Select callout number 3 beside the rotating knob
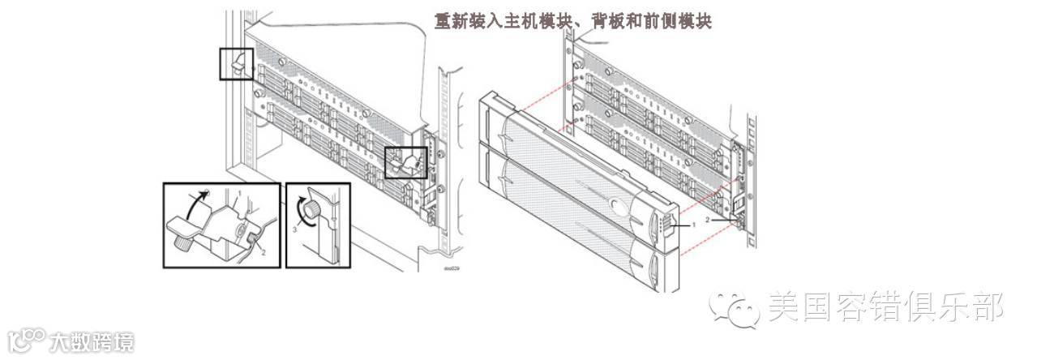coord(294,229)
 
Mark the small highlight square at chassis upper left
coord(237,63)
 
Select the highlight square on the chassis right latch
coord(405,162)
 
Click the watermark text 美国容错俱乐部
coord(885,306)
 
